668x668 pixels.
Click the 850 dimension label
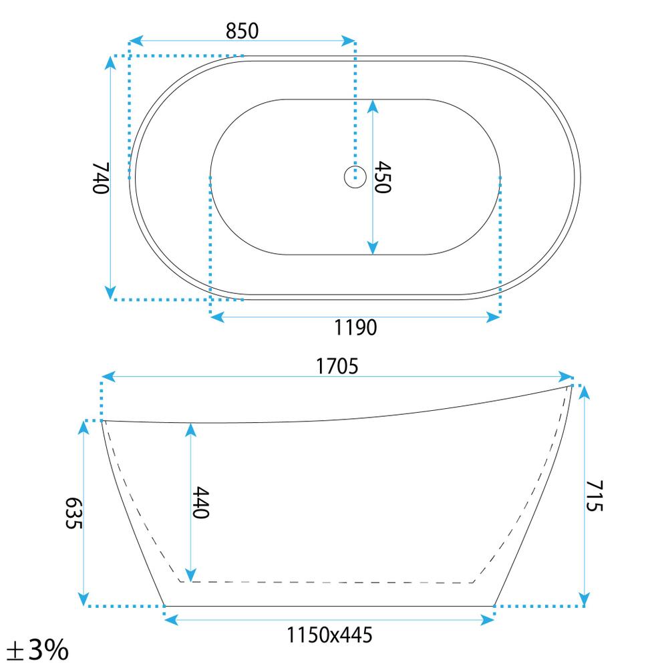[x=242, y=31]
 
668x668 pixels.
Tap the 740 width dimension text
[x=101, y=178]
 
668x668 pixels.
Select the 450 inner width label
[x=382, y=177]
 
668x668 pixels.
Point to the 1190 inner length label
[x=355, y=327]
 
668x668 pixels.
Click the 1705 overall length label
[x=337, y=366]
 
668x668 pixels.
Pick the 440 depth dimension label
[x=200, y=503]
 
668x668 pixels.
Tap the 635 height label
[x=73, y=513]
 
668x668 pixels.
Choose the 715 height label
[x=595, y=496]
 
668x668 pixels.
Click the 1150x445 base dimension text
[x=329, y=635]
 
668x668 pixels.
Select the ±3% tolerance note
[x=37, y=650]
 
